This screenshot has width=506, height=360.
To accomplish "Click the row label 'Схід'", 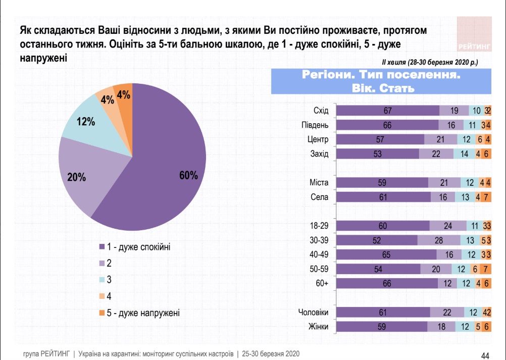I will tap(321, 111).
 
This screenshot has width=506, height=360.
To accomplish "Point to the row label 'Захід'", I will tap(319, 154).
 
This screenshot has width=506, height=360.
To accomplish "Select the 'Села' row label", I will tap(319, 197).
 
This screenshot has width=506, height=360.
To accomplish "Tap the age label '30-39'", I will tap(319, 240).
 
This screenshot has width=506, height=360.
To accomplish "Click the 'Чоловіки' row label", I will tap(314, 313).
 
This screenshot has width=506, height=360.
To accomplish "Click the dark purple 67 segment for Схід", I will tap(388, 111).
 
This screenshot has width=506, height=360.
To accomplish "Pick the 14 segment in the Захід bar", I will tap(464, 154).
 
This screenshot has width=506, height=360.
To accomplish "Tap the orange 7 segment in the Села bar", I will tap(486, 197).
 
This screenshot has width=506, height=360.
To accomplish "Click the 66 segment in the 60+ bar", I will tap(387, 284).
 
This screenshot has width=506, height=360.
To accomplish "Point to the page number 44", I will tap(486, 355).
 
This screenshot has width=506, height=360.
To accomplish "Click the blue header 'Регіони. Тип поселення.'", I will tap(381, 76).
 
